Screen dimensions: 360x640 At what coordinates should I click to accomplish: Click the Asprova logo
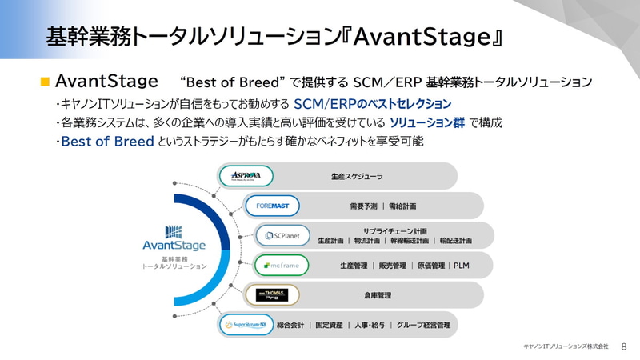[246, 176]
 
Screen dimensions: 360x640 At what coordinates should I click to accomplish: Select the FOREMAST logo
[272, 206]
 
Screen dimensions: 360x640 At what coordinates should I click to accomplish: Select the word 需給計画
[403, 206]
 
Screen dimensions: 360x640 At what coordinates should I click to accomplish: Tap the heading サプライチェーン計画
[394, 230]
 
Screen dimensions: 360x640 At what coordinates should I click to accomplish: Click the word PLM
[462, 266]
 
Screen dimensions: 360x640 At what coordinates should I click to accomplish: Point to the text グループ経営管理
[424, 325]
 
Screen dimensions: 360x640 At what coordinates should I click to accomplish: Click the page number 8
[623, 346]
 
